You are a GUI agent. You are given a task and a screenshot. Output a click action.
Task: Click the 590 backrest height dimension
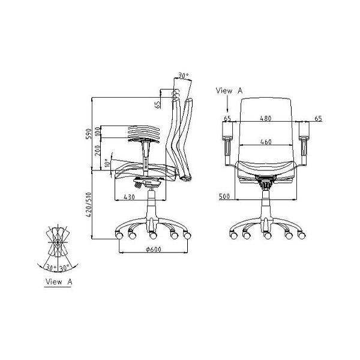89,134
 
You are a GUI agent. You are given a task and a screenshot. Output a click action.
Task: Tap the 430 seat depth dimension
129,197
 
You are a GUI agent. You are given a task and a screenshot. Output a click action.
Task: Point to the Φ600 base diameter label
154,249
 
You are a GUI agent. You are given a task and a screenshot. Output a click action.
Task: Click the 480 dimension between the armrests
266,118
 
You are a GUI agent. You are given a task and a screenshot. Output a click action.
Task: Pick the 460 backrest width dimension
266,142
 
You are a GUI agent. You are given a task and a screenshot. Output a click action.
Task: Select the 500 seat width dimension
224,197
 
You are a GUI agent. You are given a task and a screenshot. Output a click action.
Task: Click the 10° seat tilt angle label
107,163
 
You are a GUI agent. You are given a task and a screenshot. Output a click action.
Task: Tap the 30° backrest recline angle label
184,76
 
